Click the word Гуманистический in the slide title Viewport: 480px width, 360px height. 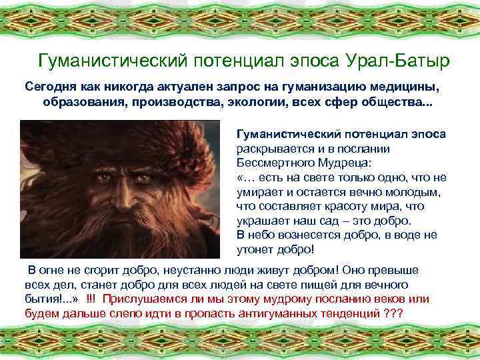(113, 61)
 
